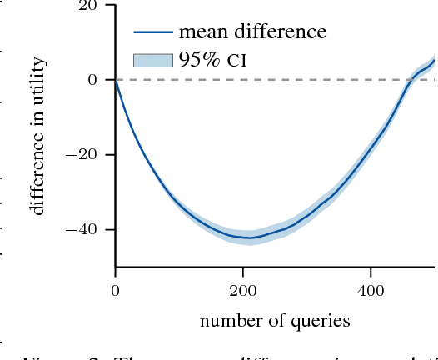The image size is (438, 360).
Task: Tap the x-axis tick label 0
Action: (115, 290)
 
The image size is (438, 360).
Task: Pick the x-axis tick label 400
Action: (371, 290)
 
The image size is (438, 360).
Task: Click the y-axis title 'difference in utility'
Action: (38, 136)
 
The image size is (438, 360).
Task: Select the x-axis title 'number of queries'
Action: (275, 321)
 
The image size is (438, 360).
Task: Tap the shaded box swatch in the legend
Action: (152, 59)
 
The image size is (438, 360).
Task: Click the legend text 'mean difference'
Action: (252, 32)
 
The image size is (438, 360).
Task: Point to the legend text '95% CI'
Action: (213, 59)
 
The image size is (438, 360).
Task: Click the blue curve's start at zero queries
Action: (116, 80)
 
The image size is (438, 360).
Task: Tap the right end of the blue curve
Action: (434, 60)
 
